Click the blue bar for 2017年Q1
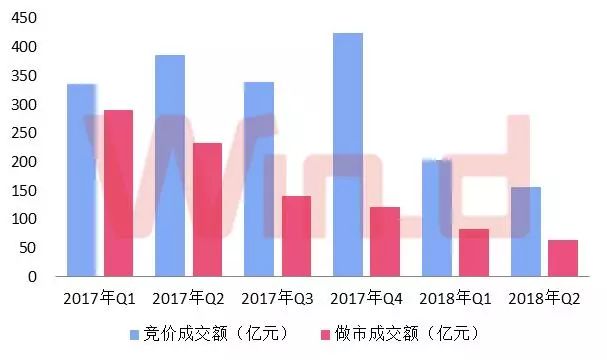[81, 180]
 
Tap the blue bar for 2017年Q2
[170, 165]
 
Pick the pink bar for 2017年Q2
[207, 210]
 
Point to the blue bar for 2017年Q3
[259, 179]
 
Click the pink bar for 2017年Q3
[296, 236]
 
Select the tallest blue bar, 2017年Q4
[348, 155]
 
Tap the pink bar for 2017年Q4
[385, 241]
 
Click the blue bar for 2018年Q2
[526, 231]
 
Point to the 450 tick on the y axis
[27, 18]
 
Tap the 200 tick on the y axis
[27, 162]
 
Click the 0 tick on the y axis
[34, 277]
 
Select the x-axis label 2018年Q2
[544, 298]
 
